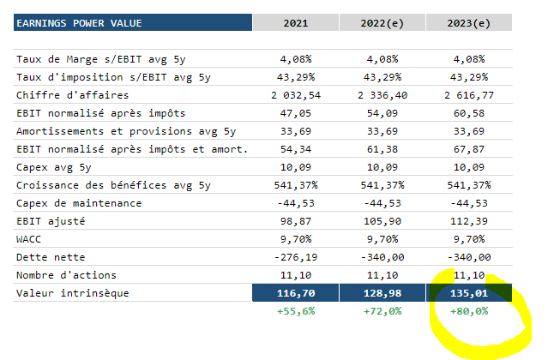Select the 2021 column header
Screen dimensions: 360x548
[x=297, y=22]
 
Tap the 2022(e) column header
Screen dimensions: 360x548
[x=382, y=22]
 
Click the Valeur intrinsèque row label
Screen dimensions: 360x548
[x=71, y=293]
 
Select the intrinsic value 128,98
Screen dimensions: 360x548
[x=382, y=293]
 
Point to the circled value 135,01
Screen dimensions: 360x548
[x=467, y=293]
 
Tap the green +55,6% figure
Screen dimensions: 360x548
[x=297, y=311]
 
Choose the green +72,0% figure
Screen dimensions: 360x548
[x=382, y=311]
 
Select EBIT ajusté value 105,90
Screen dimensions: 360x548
[x=382, y=221]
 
